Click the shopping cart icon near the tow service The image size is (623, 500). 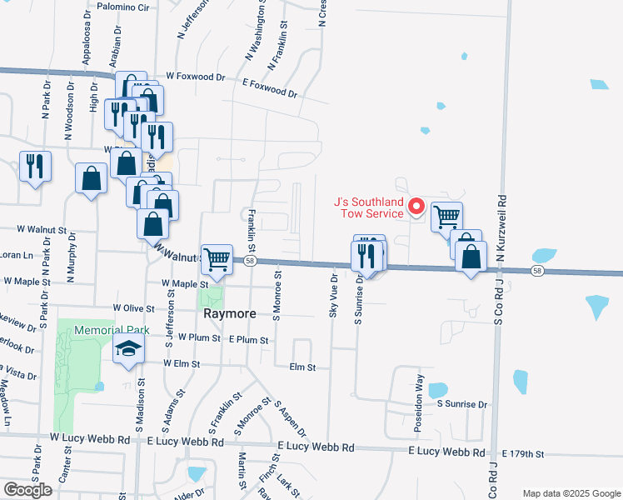tap(447, 216)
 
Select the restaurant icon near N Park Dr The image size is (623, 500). tap(35, 166)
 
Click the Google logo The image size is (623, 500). tap(27, 490)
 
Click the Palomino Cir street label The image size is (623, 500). tap(121, 7)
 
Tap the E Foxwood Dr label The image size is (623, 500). tap(270, 87)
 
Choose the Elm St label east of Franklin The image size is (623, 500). tap(302, 367)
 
